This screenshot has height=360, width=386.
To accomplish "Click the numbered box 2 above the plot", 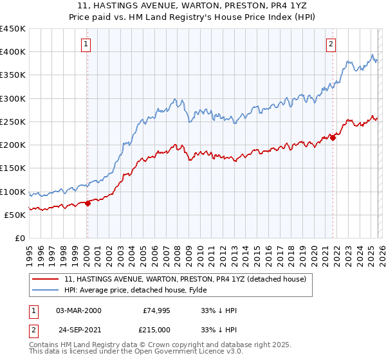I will click(x=331, y=44).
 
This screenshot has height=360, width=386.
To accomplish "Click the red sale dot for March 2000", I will click(x=87, y=203).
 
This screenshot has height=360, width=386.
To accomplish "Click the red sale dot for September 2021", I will click(x=333, y=138).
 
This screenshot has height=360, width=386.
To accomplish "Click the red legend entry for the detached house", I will click(x=188, y=279).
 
